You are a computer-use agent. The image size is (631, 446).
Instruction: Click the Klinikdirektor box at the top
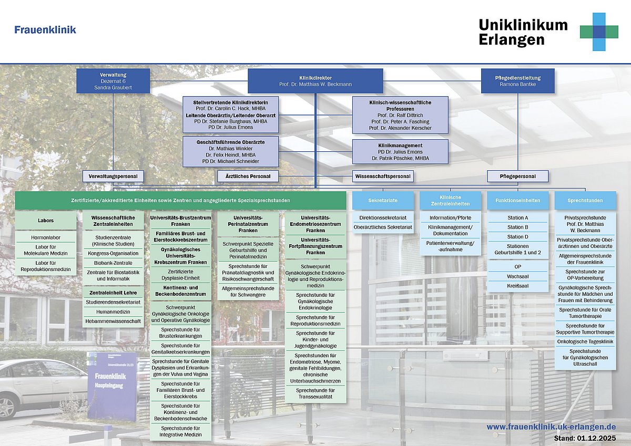point(315,81)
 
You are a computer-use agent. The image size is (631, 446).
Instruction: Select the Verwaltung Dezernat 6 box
point(113,81)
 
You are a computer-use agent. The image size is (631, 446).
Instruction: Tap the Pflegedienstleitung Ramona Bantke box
point(517,81)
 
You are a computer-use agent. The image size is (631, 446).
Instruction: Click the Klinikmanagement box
point(400,151)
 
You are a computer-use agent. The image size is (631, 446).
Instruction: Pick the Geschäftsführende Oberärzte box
point(230,151)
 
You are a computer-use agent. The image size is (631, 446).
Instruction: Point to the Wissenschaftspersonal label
point(383,176)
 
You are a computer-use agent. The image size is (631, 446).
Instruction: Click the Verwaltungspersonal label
point(113,176)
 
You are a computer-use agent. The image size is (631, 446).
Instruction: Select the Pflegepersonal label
point(517,176)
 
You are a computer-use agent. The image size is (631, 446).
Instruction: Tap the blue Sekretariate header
point(383,200)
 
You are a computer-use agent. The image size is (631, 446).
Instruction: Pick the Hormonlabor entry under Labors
point(46,237)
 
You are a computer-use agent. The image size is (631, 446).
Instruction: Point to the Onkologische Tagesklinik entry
point(585,341)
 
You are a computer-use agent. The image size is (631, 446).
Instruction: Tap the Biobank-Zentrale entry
point(113,263)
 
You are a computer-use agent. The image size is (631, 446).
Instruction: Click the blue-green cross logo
point(599,32)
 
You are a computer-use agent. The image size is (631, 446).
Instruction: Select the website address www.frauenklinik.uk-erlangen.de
point(551,427)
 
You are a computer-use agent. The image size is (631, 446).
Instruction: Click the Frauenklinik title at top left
point(45,30)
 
